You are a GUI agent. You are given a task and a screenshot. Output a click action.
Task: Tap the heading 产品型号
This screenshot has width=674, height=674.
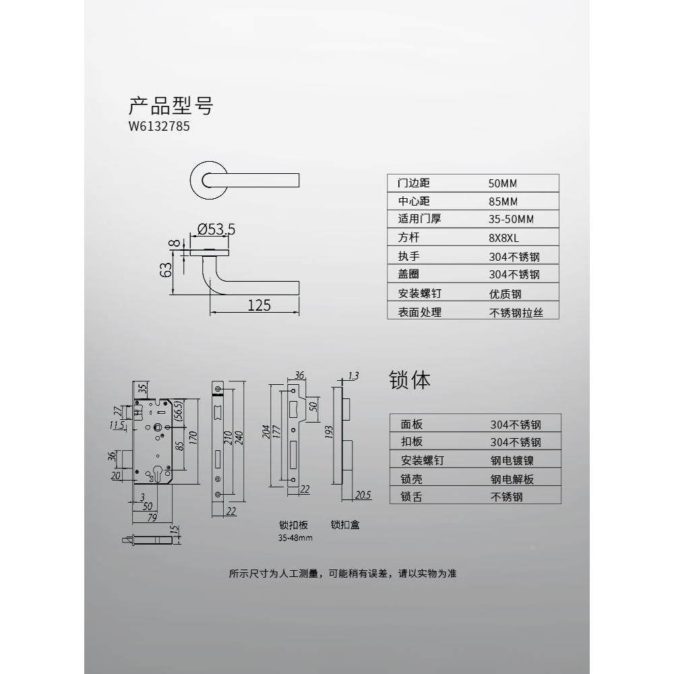pyautogui.click(x=171, y=106)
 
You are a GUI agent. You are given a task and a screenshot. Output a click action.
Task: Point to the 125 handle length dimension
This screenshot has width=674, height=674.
pyautogui.click(x=258, y=305)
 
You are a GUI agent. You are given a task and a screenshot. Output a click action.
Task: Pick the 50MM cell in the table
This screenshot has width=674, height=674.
pyautogui.click(x=504, y=183)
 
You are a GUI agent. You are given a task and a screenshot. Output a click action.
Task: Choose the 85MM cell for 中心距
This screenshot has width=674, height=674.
pyautogui.click(x=504, y=202)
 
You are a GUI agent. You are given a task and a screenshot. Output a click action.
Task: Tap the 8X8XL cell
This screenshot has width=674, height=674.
pyautogui.click(x=505, y=238)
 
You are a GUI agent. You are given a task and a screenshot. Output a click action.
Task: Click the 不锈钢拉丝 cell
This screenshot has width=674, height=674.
pyautogui.click(x=515, y=312)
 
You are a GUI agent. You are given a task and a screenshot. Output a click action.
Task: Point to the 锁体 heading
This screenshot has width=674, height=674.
pyautogui.click(x=409, y=380)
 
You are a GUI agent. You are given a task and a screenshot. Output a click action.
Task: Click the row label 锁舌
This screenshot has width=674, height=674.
pyautogui.click(x=412, y=497)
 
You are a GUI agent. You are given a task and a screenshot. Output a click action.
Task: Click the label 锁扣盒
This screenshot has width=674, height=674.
pyautogui.click(x=345, y=524)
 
